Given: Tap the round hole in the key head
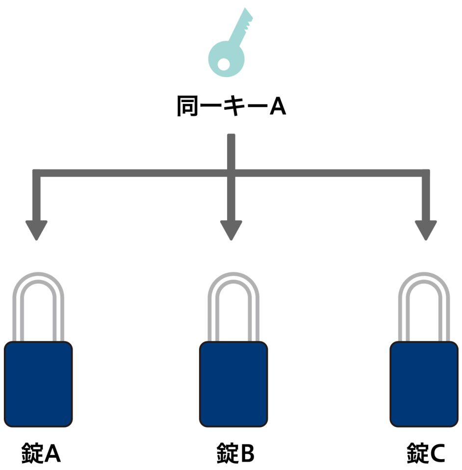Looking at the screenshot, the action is [x=223, y=64].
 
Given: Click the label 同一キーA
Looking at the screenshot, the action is [x=231, y=106].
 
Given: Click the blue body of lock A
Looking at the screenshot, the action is [x=38, y=384].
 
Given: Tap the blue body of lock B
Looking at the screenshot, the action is [x=233, y=384].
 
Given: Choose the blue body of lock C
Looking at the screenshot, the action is [x=424, y=384].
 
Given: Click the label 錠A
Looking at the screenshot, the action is [x=41, y=453].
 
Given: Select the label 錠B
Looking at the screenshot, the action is [x=235, y=453].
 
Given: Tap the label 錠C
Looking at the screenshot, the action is [x=426, y=453].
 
